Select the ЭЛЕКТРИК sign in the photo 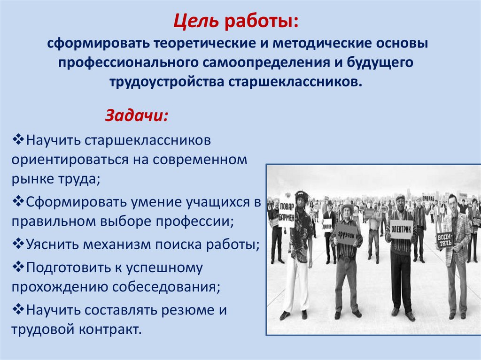click(x=402, y=230)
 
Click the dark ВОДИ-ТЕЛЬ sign click(x=444, y=239)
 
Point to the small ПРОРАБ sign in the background click(x=428, y=199)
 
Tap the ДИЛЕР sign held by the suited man click(x=327, y=224)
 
